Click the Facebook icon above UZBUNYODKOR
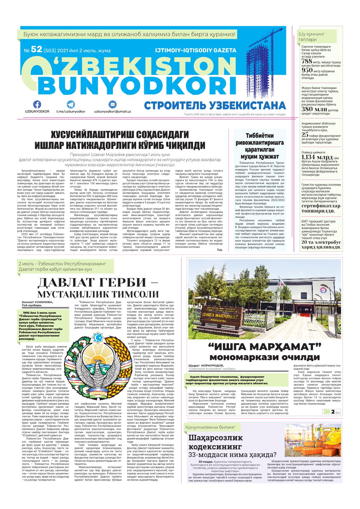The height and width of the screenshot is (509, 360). (37, 104)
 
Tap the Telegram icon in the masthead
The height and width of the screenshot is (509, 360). (71, 104)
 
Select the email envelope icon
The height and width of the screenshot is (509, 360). (112, 104)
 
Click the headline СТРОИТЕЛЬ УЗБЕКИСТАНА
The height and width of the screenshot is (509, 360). (215, 105)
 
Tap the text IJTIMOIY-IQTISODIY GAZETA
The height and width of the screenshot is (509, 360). (196, 50)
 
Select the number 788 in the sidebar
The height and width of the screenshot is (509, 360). (307, 61)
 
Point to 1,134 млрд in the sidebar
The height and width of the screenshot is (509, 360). (315, 157)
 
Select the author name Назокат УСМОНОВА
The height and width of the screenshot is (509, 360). (38, 302)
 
